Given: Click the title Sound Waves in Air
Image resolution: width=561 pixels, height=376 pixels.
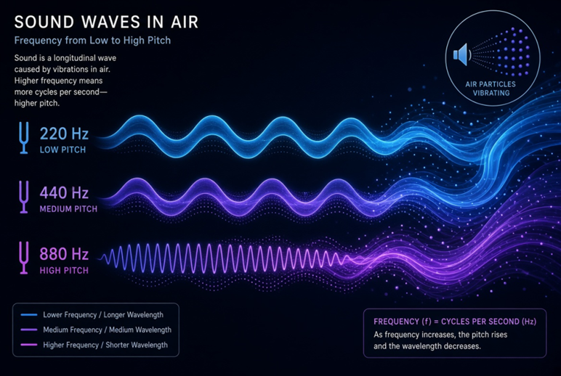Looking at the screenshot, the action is [x=106, y=23].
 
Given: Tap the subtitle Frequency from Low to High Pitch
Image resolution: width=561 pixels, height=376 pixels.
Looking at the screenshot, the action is [x=92, y=41].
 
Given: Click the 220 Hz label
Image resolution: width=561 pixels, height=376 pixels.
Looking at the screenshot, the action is [x=64, y=134].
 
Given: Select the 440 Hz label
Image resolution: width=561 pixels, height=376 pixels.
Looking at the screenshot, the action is [x=64, y=193].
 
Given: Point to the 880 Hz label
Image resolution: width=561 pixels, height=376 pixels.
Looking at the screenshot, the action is [x=64, y=254].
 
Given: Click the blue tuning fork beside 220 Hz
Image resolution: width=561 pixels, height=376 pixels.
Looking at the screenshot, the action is [x=23, y=138].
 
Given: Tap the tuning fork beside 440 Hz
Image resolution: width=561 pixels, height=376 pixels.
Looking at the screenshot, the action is [x=23, y=197].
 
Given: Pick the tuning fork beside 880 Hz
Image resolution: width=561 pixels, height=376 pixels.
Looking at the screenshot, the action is [x=23, y=258].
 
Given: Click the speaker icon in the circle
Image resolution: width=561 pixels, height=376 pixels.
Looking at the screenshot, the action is [x=461, y=54].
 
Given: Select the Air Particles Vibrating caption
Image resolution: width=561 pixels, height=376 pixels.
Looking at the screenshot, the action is [x=491, y=89].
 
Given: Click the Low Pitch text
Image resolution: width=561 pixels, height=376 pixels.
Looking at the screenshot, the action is [x=62, y=150].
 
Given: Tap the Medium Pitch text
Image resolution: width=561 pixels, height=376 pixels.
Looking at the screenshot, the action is [x=68, y=209].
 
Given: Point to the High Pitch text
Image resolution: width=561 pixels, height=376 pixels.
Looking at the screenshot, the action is [x=64, y=271].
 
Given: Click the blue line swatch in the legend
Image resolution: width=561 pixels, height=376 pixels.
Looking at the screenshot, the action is [x=29, y=315].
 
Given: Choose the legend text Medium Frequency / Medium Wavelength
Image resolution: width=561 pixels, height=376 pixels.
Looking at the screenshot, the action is [x=108, y=330].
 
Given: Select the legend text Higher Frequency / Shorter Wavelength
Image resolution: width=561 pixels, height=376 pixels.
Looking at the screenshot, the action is [x=105, y=345].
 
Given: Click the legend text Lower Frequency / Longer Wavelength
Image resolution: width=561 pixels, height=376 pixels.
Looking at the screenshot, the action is [x=103, y=315].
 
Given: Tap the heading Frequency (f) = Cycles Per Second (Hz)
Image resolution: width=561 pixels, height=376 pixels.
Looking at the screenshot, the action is [x=455, y=322].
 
